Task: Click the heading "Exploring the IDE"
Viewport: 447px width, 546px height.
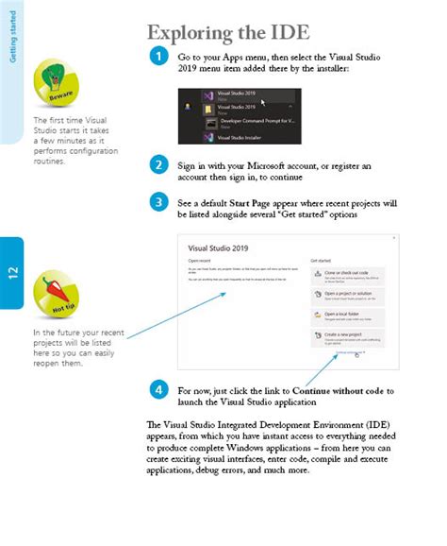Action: (228, 32)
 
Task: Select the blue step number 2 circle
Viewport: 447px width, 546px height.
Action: (159, 164)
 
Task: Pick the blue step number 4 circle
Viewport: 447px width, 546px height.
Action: (159, 389)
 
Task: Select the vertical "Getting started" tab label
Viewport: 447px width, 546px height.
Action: (12, 38)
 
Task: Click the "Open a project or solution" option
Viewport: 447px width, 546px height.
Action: (346, 296)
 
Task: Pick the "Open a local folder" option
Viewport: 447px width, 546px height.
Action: (346, 316)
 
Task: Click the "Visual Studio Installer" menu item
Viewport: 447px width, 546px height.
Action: (244, 138)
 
